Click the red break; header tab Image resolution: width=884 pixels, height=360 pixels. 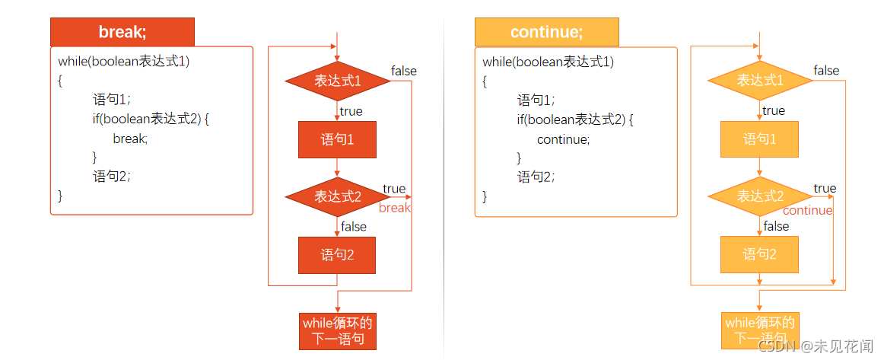pyautogui.click(x=122, y=32)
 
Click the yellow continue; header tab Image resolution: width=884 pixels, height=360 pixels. pyautogui.click(x=546, y=32)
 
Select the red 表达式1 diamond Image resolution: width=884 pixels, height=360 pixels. pyautogui.click(x=337, y=81)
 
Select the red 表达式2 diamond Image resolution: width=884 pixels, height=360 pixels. pyautogui.click(x=337, y=196)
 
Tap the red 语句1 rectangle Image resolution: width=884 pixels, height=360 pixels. pyautogui.click(x=337, y=139)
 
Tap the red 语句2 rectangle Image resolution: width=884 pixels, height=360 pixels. pyautogui.click(x=337, y=255)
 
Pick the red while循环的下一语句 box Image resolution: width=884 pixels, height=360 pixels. pyautogui.click(x=338, y=331)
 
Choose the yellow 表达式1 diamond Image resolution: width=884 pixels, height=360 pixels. pyautogui.click(x=759, y=81)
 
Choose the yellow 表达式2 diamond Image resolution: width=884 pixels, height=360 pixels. pyautogui.click(x=759, y=196)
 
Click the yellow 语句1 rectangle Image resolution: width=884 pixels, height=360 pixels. pyautogui.click(x=759, y=139)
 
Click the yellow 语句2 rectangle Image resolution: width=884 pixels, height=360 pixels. pyautogui.click(x=759, y=254)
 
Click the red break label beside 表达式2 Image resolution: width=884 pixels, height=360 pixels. pyautogui.click(x=394, y=208)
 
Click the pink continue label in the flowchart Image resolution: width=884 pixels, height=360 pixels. pyautogui.click(x=807, y=211)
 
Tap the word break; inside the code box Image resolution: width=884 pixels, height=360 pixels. pyautogui.click(x=130, y=139)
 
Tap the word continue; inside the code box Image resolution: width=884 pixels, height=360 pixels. pyautogui.click(x=563, y=139)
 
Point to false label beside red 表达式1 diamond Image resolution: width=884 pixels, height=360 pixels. pyautogui.click(x=404, y=71)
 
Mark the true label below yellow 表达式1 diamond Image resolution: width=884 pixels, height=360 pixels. pyautogui.click(x=774, y=111)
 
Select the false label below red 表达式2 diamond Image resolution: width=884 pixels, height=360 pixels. pyautogui.click(x=354, y=227)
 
